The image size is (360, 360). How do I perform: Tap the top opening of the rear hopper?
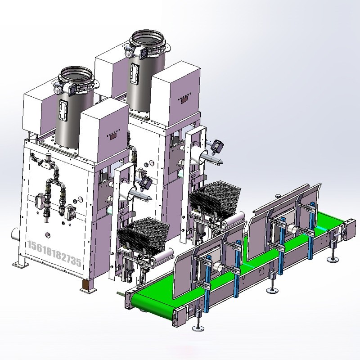coord(148,37)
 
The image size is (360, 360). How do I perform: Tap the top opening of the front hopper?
coord(76,73)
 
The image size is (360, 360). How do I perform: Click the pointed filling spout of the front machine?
coord(140,195)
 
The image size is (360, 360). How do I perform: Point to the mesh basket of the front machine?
coord(144,232)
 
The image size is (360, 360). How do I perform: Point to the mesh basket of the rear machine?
coord(215,196)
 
